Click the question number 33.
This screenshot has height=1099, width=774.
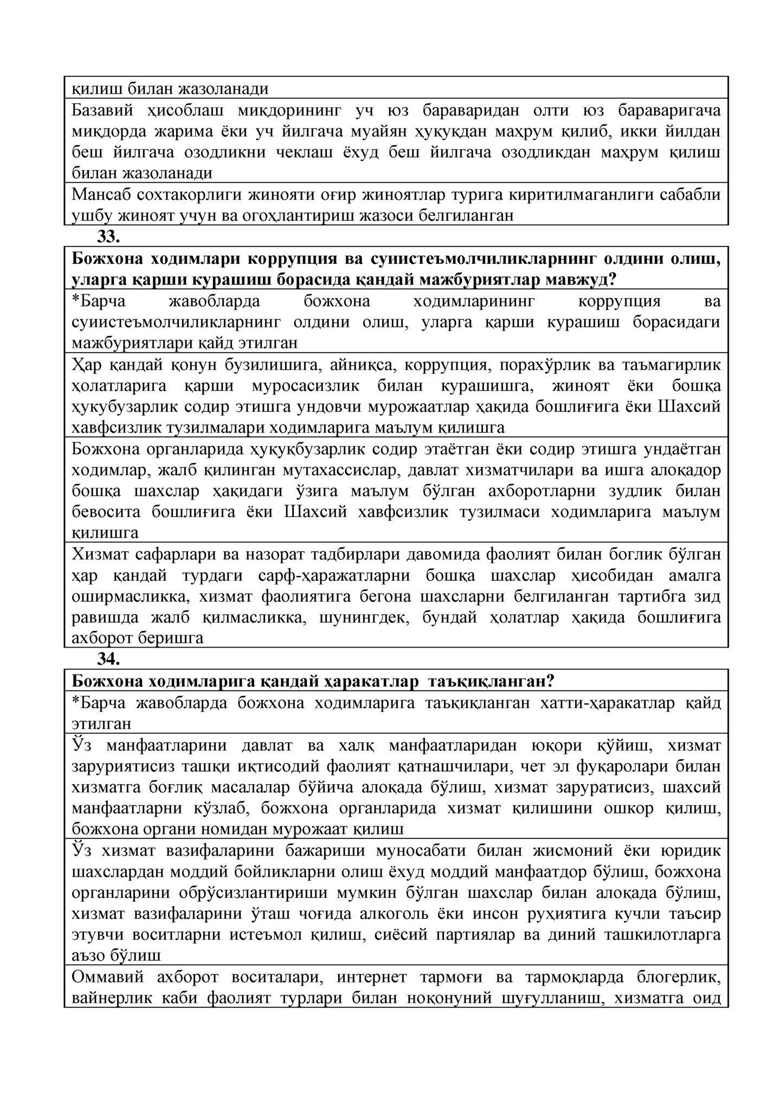[108, 237]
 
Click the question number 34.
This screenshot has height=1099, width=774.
[108, 659]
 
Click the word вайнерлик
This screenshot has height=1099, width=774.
[109, 998]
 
